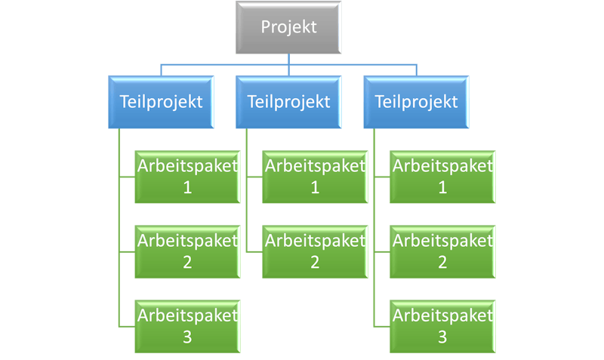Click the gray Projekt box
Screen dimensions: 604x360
(x=288, y=27)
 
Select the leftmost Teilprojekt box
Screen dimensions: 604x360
(x=161, y=102)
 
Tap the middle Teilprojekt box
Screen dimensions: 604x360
(x=288, y=102)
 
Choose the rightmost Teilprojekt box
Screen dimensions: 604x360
(x=417, y=102)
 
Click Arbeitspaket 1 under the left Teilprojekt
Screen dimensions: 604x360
(x=187, y=177)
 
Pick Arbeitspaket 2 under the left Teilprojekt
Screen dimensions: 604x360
(x=187, y=252)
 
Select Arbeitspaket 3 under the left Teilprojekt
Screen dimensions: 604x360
(x=187, y=327)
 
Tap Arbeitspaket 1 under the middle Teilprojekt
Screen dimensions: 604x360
(x=315, y=177)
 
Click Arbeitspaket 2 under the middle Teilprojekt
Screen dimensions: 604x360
(x=315, y=252)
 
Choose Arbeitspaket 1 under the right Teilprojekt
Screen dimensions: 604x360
(x=442, y=177)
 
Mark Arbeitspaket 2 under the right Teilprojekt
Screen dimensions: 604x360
(x=442, y=252)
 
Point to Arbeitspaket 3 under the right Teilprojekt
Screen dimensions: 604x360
(x=442, y=327)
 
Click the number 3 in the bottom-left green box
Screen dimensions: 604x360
(x=187, y=337)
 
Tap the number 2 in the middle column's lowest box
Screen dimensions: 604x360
(x=315, y=263)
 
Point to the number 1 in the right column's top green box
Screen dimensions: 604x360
(x=442, y=187)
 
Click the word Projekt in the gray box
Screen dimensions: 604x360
(x=288, y=27)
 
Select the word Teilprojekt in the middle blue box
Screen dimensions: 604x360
(x=288, y=102)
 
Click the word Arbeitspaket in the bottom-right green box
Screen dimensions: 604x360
(x=442, y=315)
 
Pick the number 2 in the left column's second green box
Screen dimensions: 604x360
(x=187, y=263)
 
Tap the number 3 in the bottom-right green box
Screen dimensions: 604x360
(x=442, y=337)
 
